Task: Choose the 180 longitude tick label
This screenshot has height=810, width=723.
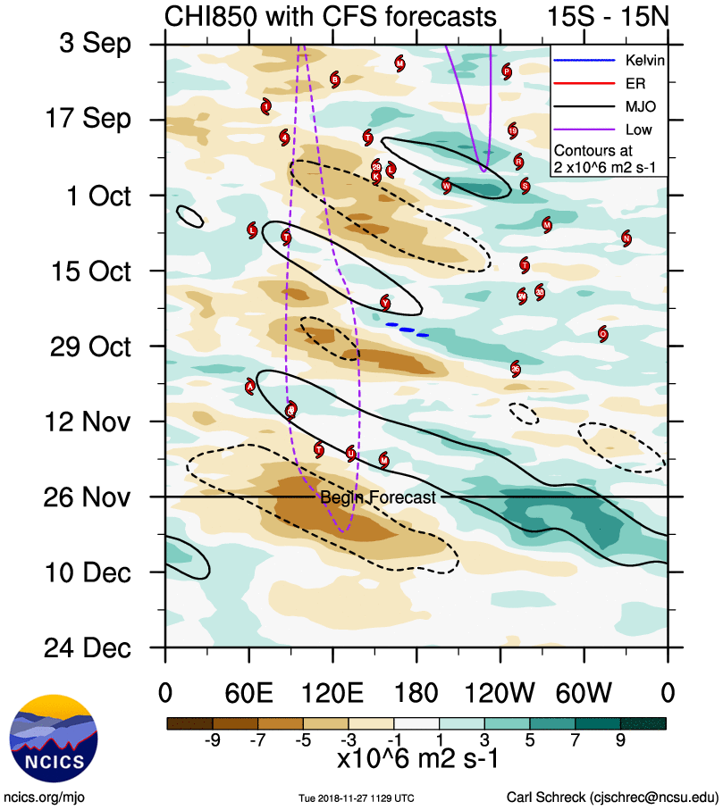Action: coord(416,691)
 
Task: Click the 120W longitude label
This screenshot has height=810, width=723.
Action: coord(500,691)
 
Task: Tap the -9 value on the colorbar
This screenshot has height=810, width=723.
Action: coord(213,739)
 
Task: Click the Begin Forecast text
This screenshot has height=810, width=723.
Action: coord(378,498)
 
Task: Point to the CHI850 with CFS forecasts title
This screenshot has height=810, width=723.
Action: coord(330,16)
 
